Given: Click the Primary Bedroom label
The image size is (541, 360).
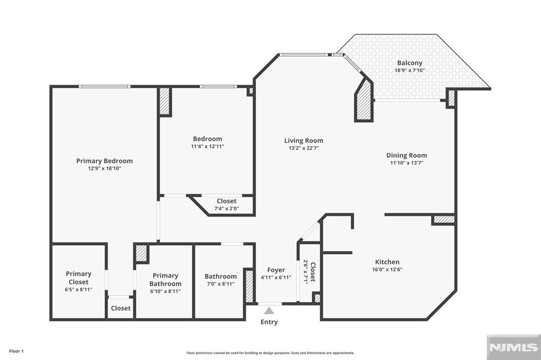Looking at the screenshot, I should point(104,161).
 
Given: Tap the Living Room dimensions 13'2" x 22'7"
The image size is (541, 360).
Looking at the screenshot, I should point(303,148).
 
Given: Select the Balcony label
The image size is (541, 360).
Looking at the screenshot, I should point(409,63).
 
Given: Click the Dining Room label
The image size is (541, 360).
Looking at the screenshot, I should point(406,155).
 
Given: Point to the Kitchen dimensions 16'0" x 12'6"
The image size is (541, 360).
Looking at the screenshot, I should point(387,269).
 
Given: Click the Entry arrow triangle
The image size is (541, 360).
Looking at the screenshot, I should point(270,310).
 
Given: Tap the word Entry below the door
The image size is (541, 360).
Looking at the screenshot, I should point(269,322).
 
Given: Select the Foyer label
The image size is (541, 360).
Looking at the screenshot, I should point(276,270).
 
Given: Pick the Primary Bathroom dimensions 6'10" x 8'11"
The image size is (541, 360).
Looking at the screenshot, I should point(166,291).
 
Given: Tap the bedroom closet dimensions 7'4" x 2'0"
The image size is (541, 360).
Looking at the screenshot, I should point(226,209).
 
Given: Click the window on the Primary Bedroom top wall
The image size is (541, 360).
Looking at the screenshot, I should point(104,87).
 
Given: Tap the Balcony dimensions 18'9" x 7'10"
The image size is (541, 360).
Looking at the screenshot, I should point(409,70).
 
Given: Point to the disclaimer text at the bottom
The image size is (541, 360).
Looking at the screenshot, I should point(270,353).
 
